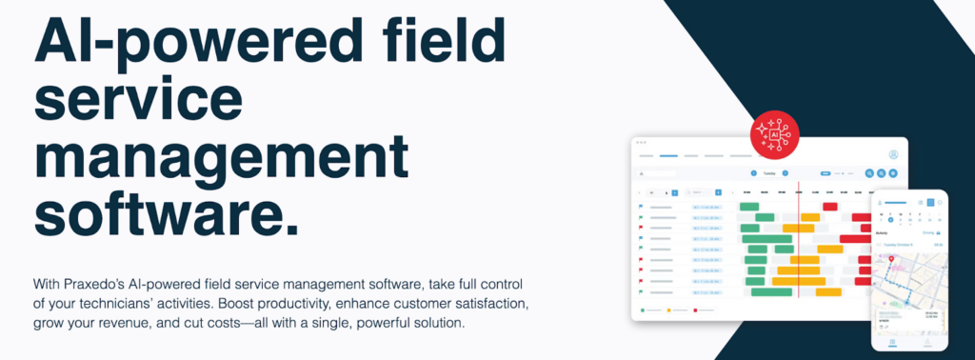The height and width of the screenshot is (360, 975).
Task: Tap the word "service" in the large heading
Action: click(132, 102)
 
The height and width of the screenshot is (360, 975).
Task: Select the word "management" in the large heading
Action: click(221, 160)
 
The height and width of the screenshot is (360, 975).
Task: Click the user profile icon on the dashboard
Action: click(893, 154)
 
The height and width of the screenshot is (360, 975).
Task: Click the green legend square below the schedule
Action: click(643, 310)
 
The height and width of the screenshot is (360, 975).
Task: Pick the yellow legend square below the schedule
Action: click(669, 310)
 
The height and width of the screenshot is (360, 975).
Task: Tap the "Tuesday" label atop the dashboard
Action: click(769, 173)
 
